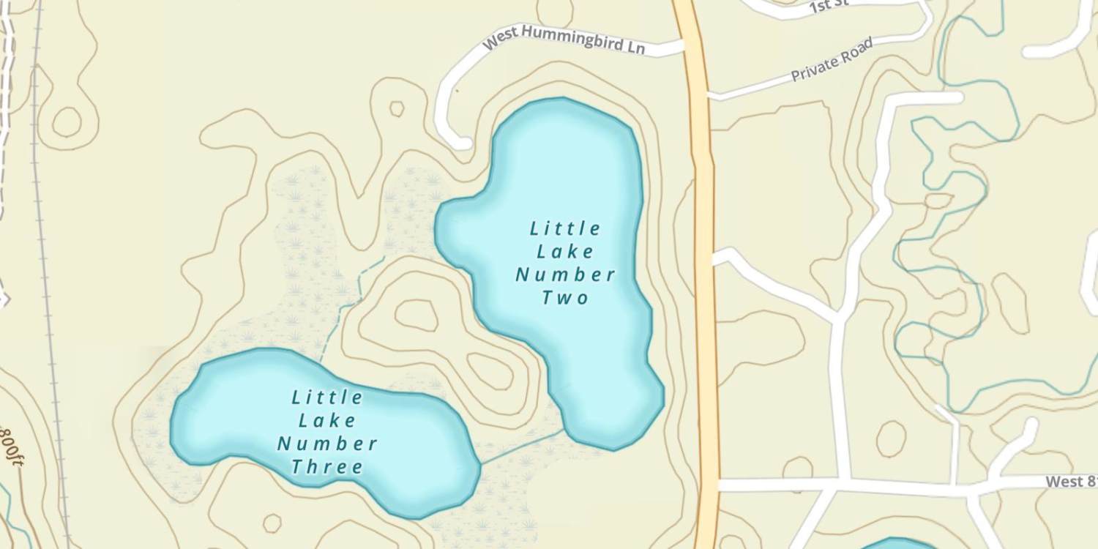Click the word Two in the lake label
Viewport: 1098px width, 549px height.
point(565,298)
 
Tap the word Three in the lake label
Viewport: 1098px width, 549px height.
point(327,467)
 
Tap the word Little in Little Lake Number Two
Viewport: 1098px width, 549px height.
point(565,228)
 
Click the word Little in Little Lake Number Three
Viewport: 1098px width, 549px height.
point(327,397)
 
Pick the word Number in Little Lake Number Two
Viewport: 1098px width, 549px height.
point(565,275)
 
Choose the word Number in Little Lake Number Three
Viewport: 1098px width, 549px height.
point(327,444)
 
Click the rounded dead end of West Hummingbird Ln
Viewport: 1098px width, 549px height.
point(461,142)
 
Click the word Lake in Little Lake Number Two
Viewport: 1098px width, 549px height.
point(565,252)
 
